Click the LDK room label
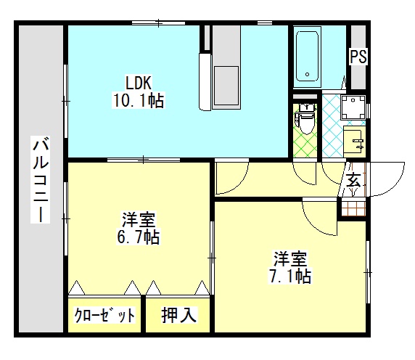pyautogui.click(x=138, y=83)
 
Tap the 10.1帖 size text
pyautogui.click(x=139, y=100)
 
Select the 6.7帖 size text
pyautogui.click(x=138, y=237)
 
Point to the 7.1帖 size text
pyautogui.click(x=290, y=276)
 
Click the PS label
pyautogui.click(x=358, y=57)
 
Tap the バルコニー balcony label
pyautogui.click(x=40, y=179)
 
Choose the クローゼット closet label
pyautogui.click(x=104, y=315)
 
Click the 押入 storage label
pyautogui.click(x=179, y=315)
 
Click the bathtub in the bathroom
pyautogui.click(x=307, y=57)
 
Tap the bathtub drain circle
pyautogui.click(x=308, y=74)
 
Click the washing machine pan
pyautogui.click(x=353, y=107)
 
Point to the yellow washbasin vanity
pyautogui.click(x=354, y=142)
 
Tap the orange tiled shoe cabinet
pyautogui.click(x=353, y=208)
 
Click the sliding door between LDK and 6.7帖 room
pyautogui.click(x=144, y=160)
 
